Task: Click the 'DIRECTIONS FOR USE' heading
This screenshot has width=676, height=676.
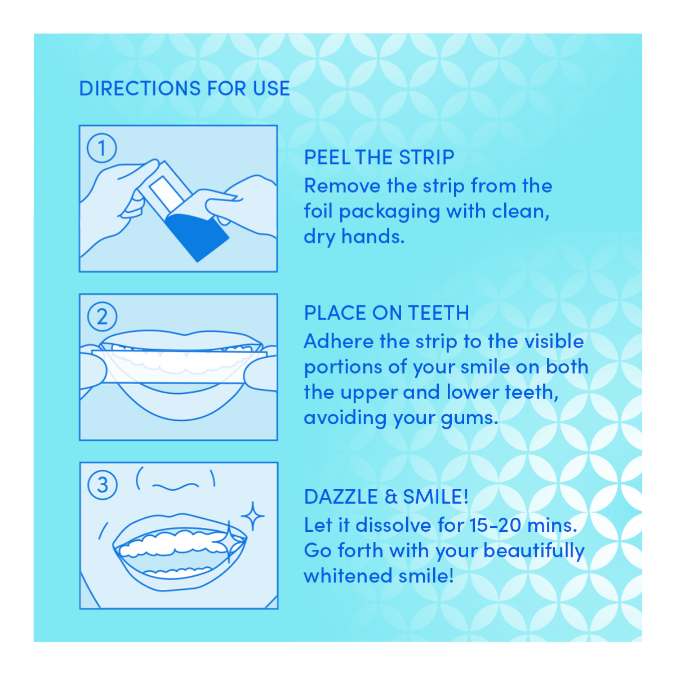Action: pyautogui.click(x=184, y=88)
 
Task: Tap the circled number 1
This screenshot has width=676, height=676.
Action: pyautogui.click(x=102, y=148)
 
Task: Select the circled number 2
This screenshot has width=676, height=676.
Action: pyautogui.click(x=102, y=317)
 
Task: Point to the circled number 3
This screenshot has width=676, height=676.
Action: pyautogui.click(x=102, y=485)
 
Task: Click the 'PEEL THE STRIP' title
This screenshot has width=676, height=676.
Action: pyautogui.click(x=379, y=158)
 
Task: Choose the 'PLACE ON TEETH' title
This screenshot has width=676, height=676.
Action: pyautogui.click(x=386, y=313)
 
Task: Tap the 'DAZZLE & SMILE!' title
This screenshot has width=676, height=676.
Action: pyautogui.click(x=386, y=497)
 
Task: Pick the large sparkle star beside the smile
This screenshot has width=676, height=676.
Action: pyautogui.click(x=253, y=516)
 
